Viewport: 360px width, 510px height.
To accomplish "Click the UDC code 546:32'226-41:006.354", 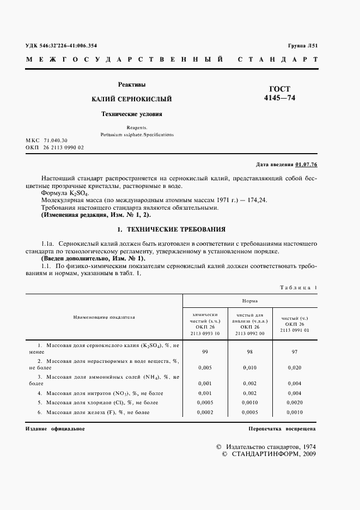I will click(65, 46).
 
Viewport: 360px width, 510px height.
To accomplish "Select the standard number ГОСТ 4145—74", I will click(280, 94).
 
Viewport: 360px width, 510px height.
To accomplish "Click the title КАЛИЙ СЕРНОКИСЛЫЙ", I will click(131, 99).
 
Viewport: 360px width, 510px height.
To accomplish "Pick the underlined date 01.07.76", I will click(306, 164).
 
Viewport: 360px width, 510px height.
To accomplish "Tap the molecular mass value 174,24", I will click(257, 201).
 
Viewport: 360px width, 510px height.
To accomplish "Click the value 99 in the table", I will click(205, 352).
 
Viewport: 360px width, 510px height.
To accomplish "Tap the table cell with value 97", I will click(295, 352).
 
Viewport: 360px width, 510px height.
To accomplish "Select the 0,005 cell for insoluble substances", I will click(205, 368).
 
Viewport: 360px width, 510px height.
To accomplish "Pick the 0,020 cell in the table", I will click(295, 368).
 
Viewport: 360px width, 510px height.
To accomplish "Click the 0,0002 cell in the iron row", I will click(205, 412).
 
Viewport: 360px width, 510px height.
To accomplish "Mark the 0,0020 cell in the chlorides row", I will click(295, 402).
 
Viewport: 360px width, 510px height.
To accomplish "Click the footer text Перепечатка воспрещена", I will click(282, 429).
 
